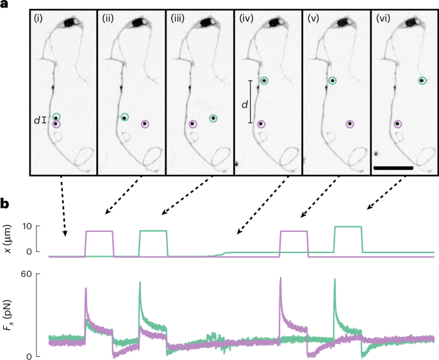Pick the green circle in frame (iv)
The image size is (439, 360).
pyautogui.click(x=264, y=81)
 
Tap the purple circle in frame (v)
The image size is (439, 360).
pyautogui.click(x=349, y=124)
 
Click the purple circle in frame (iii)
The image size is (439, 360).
pyautogui.click(x=192, y=124)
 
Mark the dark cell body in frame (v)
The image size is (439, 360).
pyautogui.click(x=344, y=23)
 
